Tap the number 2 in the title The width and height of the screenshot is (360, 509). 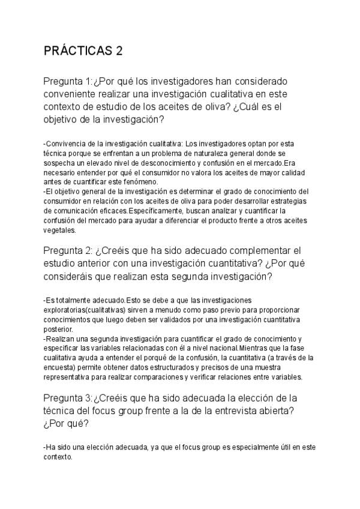[x=119, y=51]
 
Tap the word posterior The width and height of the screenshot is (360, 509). [x=58, y=329]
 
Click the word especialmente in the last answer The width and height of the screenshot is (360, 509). [x=233, y=447]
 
